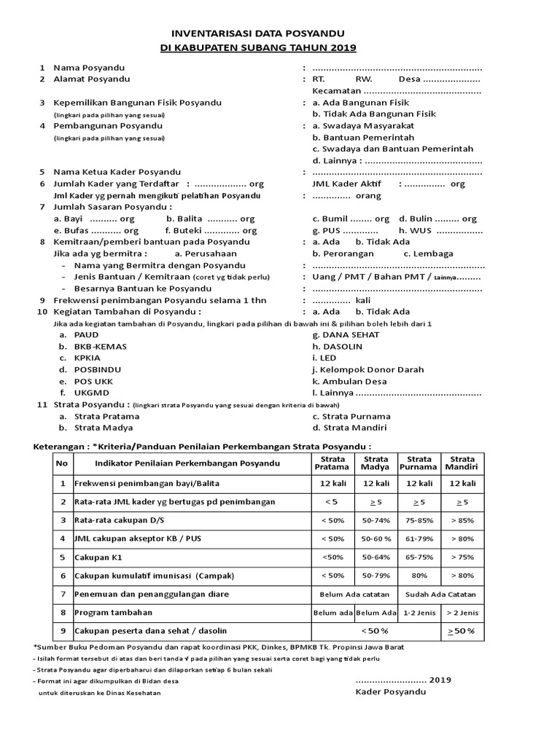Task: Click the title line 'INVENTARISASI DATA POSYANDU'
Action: coord(258,34)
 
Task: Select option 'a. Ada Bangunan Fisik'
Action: coord(360,103)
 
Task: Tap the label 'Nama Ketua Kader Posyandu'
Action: coord(115,172)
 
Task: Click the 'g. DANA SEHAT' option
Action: coord(346,334)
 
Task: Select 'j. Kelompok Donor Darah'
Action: coord(367,369)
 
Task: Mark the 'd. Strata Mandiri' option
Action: coord(349,428)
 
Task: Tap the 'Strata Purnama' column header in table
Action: coord(419,463)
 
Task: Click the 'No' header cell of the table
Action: coord(62,463)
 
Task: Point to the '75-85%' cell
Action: coord(419,521)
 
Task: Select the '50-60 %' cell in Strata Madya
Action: coord(376,539)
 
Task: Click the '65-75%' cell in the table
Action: coord(419,557)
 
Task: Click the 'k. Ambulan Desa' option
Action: coord(349,381)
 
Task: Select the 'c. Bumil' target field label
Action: coord(329,219)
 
